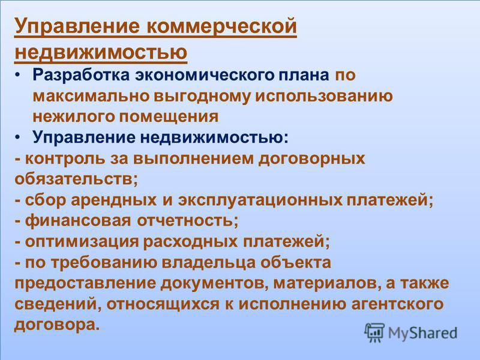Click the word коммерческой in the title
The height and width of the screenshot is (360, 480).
[222, 26]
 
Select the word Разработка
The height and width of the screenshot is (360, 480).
[81, 76]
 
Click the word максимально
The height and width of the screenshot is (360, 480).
[91, 96]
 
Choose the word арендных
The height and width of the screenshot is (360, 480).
[114, 200]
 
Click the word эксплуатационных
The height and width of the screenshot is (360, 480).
[260, 200]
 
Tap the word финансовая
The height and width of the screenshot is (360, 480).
[78, 220]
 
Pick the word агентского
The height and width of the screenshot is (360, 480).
[397, 304]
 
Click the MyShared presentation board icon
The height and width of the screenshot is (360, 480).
[374, 332]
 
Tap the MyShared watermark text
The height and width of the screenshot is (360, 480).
[423, 333]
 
